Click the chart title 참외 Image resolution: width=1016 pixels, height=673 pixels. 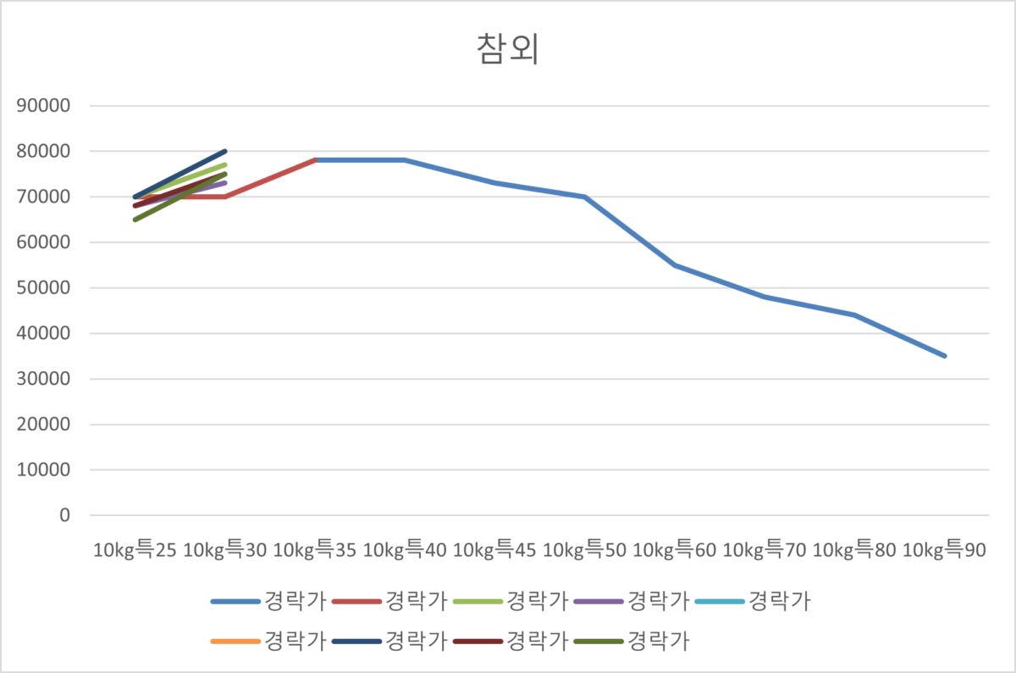click(x=508, y=49)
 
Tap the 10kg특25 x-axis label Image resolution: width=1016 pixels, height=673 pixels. click(x=135, y=551)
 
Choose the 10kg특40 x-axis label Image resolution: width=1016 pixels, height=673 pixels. click(x=405, y=551)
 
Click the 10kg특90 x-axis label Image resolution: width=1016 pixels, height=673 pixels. click(x=945, y=551)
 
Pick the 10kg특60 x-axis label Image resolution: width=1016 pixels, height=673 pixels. click(x=675, y=551)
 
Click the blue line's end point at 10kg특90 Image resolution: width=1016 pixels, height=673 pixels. click(x=945, y=356)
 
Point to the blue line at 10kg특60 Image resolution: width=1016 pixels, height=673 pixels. click(x=675, y=265)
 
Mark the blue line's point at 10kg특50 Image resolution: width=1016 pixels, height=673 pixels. click(x=585, y=197)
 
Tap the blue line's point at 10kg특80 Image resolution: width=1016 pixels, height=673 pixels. click(x=855, y=315)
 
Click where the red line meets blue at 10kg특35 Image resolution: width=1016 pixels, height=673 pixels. click(x=315, y=160)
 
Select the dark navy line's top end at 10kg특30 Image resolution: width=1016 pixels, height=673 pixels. click(x=225, y=151)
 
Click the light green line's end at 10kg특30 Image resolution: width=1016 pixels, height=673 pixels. click(x=225, y=164)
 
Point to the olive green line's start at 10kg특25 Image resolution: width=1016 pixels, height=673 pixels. click(x=135, y=220)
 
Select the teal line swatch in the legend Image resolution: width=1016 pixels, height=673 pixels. click(x=720, y=602)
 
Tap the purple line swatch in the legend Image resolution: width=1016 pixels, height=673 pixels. click(x=599, y=602)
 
